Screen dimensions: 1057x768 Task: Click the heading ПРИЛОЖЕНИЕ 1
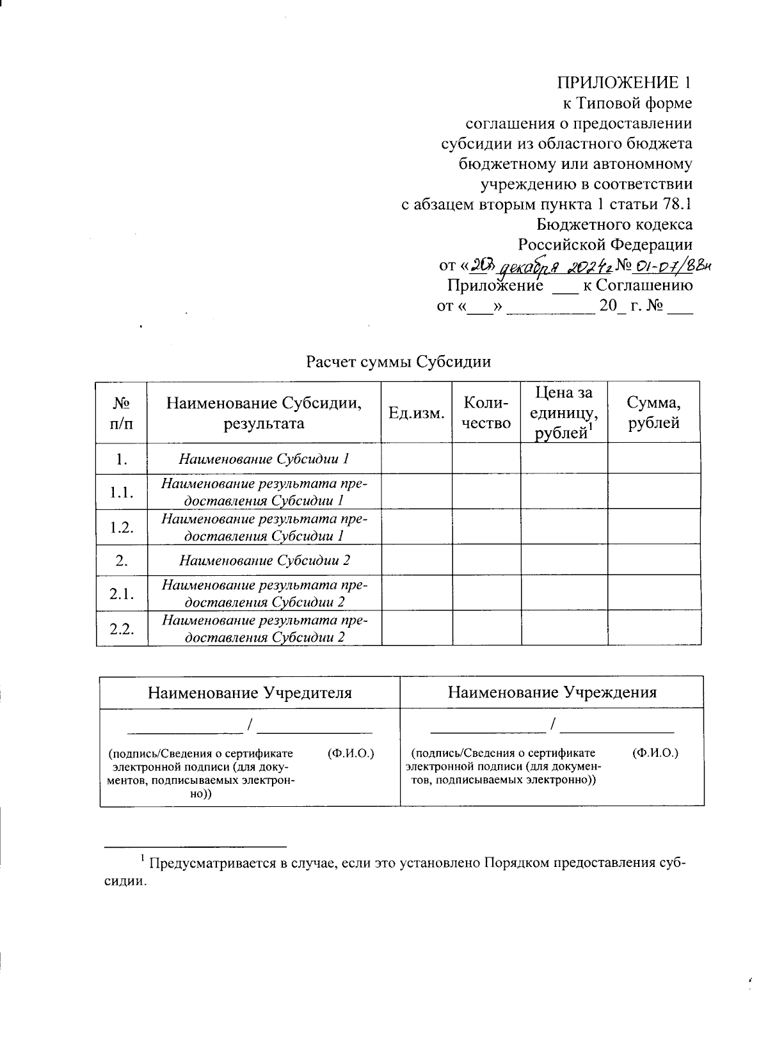[624, 83]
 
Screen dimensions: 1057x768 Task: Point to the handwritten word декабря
[524, 266]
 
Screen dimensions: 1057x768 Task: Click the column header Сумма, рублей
[653, 413]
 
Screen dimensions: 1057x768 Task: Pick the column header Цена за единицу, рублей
[563, 413]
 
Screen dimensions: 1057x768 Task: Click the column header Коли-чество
[486, 413]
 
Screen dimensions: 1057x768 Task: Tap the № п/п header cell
[122, 413]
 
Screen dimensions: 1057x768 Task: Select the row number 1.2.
[122, 527]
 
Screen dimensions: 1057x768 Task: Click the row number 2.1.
[122, 594]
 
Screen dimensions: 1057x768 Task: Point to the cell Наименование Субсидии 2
[264, 561]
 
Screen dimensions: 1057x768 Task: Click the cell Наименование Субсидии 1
[264, 459]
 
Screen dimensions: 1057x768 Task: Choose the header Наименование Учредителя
[250, 692]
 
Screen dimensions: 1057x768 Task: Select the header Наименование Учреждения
[552, 692]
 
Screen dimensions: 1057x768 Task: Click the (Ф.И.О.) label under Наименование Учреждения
[655, 753]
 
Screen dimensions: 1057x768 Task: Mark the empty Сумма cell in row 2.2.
[653, 629]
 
